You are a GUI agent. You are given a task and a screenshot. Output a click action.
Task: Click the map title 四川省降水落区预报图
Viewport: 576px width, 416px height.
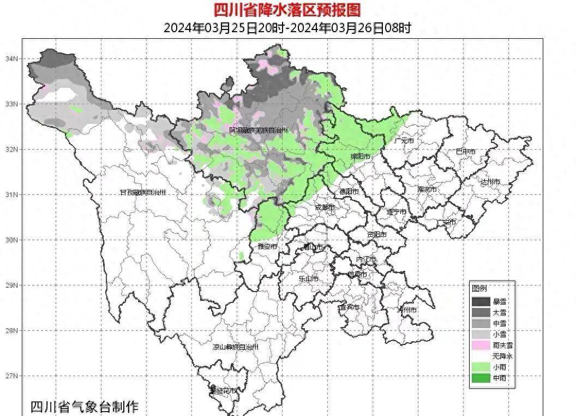[x=287, y=9]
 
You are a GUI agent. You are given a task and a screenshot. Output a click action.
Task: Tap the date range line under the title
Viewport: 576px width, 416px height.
[x=287, y=28]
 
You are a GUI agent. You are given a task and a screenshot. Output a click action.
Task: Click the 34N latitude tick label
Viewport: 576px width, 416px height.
[x=11, y=58]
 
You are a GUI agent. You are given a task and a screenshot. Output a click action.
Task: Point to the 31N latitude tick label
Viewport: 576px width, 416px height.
[x=11, y=194]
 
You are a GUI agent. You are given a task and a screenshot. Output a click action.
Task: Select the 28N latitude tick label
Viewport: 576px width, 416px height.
[x=11, y=330]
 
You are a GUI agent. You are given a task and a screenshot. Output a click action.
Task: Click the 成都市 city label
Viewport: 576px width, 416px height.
[x=325, y=207]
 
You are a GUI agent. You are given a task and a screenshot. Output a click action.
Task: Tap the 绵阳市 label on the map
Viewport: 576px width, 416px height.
[x=361, y=157]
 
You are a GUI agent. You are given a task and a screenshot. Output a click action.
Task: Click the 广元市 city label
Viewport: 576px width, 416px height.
[x=404, y=141]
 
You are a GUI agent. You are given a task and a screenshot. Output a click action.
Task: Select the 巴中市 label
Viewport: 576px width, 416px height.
[x=465, y=152]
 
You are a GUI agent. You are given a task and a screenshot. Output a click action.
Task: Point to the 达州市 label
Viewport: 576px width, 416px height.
[x=490, y=181]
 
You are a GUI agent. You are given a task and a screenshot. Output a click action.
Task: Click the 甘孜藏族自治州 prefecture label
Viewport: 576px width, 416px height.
[x=142, y=193]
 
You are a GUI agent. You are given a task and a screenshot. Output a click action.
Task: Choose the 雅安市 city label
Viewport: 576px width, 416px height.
[x=267, y=247]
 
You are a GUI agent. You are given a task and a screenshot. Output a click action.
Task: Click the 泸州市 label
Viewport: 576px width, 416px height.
[x=407, y=310]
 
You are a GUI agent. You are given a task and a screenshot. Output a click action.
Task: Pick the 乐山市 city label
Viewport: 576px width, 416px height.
[x=308, y=278]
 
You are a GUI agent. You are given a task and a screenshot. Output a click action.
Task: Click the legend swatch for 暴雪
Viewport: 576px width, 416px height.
[x=481, y=301]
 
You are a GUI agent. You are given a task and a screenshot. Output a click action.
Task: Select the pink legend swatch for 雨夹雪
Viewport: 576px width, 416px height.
[x=481, y=345]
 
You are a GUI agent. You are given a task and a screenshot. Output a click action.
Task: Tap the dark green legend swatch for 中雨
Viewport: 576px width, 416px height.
[x=481, y=378]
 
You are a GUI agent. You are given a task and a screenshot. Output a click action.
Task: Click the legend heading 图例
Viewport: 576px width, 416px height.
[x=479, y=288]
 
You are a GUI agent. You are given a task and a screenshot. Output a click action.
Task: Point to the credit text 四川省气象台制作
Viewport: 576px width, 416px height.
[x=85, y=407]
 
